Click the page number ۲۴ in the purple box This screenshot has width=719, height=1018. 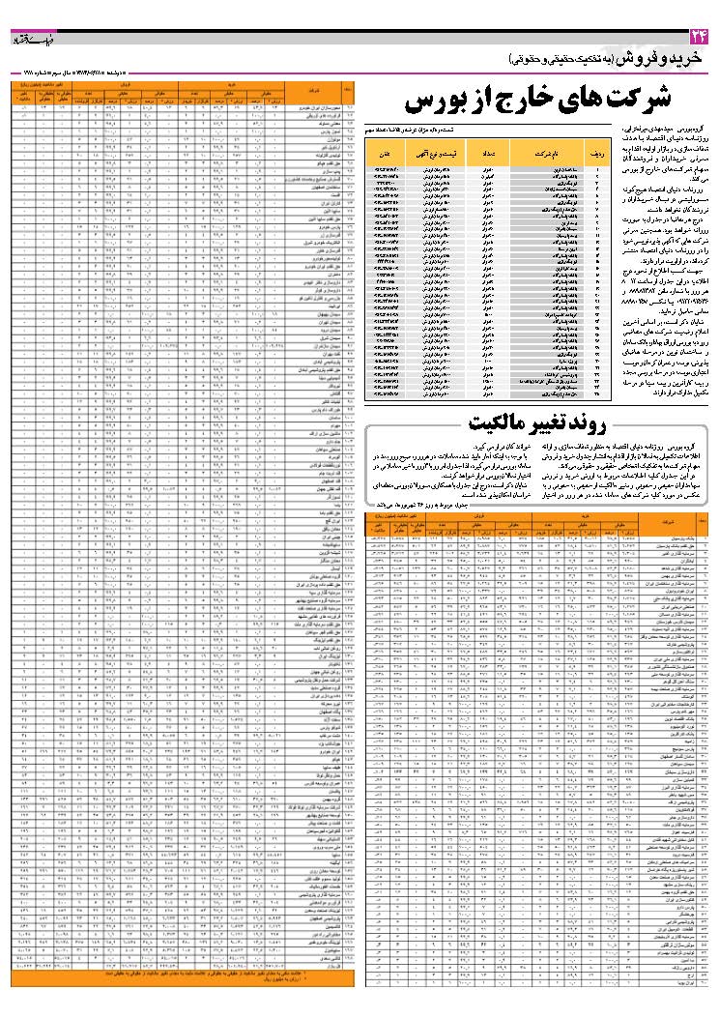pyautogui.click(x=699, y=36)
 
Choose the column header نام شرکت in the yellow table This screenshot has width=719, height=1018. pyautogui.click(x=565, y=154)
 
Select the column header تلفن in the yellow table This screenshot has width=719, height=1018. pyautogui.click(x=385, y=154)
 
